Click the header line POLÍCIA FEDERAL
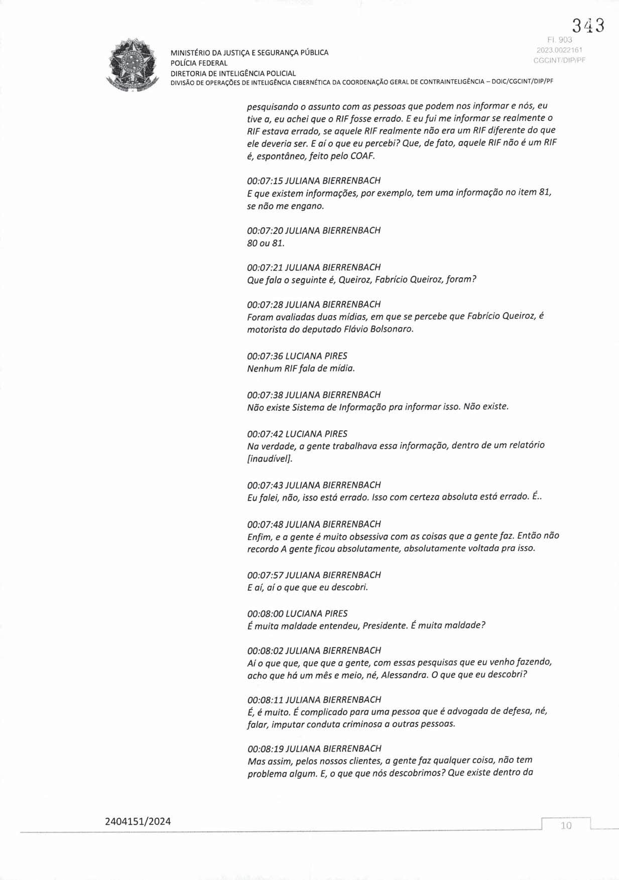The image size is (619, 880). [199, 63]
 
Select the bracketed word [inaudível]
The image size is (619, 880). [270, 458]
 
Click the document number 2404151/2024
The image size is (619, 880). [138, 822]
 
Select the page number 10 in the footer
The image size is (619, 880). [566, 826]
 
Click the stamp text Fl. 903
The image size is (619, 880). [559, 40]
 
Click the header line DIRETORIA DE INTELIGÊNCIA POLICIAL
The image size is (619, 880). [233, 73]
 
